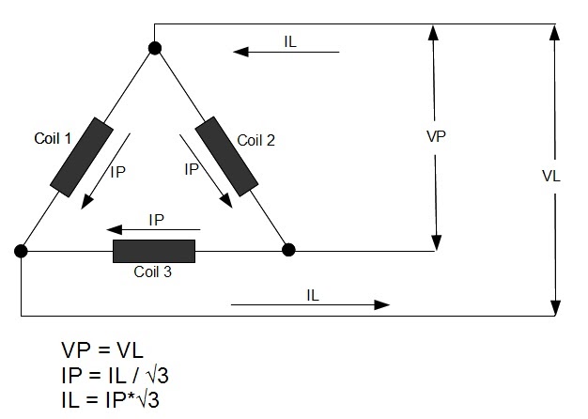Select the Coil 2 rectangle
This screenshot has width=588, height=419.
click(x=225, y=157)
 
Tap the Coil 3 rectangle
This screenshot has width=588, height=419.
click(x=154, y=251)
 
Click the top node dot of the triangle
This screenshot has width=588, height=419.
click(x=154, y=48)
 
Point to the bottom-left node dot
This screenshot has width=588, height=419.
click(x=20, y=251)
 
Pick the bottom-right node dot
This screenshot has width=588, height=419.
click(x=289, y=251)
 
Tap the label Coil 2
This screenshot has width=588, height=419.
click(x=255, y=141)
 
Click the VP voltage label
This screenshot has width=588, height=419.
click(x=435, y=136)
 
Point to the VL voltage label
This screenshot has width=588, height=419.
click(x=551, y=176)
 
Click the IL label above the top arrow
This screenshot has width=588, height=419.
click(x=291, y=41)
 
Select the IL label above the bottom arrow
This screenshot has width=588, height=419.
click(x=314, y=294)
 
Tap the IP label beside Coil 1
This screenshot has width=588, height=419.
click(x=117, y=173)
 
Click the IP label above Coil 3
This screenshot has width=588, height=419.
click(x=157, y=219)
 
